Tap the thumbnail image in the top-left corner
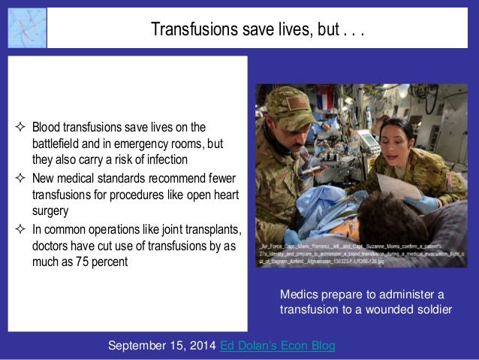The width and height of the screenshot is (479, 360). [27, 29]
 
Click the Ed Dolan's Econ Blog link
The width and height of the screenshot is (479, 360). [278, 345]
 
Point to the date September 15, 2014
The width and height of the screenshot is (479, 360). [162, 345]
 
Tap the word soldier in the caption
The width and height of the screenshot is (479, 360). [433, 308]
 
